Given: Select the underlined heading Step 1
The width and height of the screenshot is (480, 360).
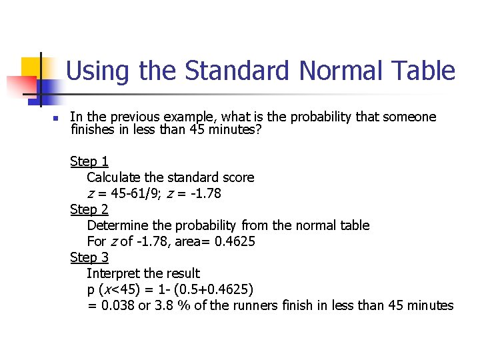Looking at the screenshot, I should [x=89, y=161].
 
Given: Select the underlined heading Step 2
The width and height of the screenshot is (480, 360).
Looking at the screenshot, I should [x=89, y=209].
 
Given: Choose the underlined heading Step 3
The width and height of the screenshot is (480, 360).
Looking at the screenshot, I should [x=89, y=257].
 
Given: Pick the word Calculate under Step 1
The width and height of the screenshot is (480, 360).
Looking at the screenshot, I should [x=114, y=177].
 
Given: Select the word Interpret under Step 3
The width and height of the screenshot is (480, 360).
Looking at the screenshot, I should [x=113, y=273].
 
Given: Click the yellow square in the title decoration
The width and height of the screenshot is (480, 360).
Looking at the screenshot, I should [x=32, y=67].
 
